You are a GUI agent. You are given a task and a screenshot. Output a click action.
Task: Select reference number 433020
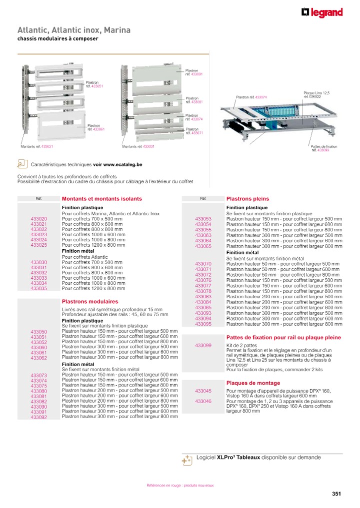tap(38, 219)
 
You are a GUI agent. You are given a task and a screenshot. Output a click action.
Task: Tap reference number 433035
tap(38, 288)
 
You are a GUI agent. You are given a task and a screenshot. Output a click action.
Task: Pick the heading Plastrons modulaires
tap(90, 302)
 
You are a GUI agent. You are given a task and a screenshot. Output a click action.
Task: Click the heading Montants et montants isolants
tap(101, 199)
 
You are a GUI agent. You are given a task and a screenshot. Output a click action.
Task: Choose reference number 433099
tap(203, 346)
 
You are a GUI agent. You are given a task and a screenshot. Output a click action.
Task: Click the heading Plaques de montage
tap(253, 383)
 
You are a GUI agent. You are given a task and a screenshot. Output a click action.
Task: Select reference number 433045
tap(203, 391)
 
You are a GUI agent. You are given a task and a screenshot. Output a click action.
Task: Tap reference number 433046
tap(203, 402)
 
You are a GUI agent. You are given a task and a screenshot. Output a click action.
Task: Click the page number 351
tap(336, 494)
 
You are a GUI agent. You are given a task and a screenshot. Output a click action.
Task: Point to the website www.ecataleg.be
tap(123, 164)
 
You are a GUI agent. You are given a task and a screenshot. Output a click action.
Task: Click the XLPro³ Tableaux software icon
tap(187, 460)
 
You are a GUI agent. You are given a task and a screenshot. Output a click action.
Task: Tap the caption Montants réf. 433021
tap(37, 147)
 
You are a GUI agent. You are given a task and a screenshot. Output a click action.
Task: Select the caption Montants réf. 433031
tap(138, 147)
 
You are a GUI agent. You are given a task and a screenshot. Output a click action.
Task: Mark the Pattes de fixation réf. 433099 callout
tap(324, 148)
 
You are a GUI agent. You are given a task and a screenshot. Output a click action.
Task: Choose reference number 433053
tap(203, 219)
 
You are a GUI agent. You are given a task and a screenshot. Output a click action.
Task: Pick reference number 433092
tap(38, 417)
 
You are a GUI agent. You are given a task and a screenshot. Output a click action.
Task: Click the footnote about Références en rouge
tap(180, 486)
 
